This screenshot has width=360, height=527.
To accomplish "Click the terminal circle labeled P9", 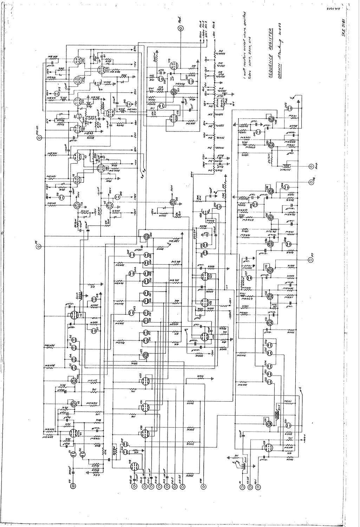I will point(73,486).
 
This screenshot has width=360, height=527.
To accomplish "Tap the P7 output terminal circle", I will point(310,260).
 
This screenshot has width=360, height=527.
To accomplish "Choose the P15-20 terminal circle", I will point(39,138).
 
